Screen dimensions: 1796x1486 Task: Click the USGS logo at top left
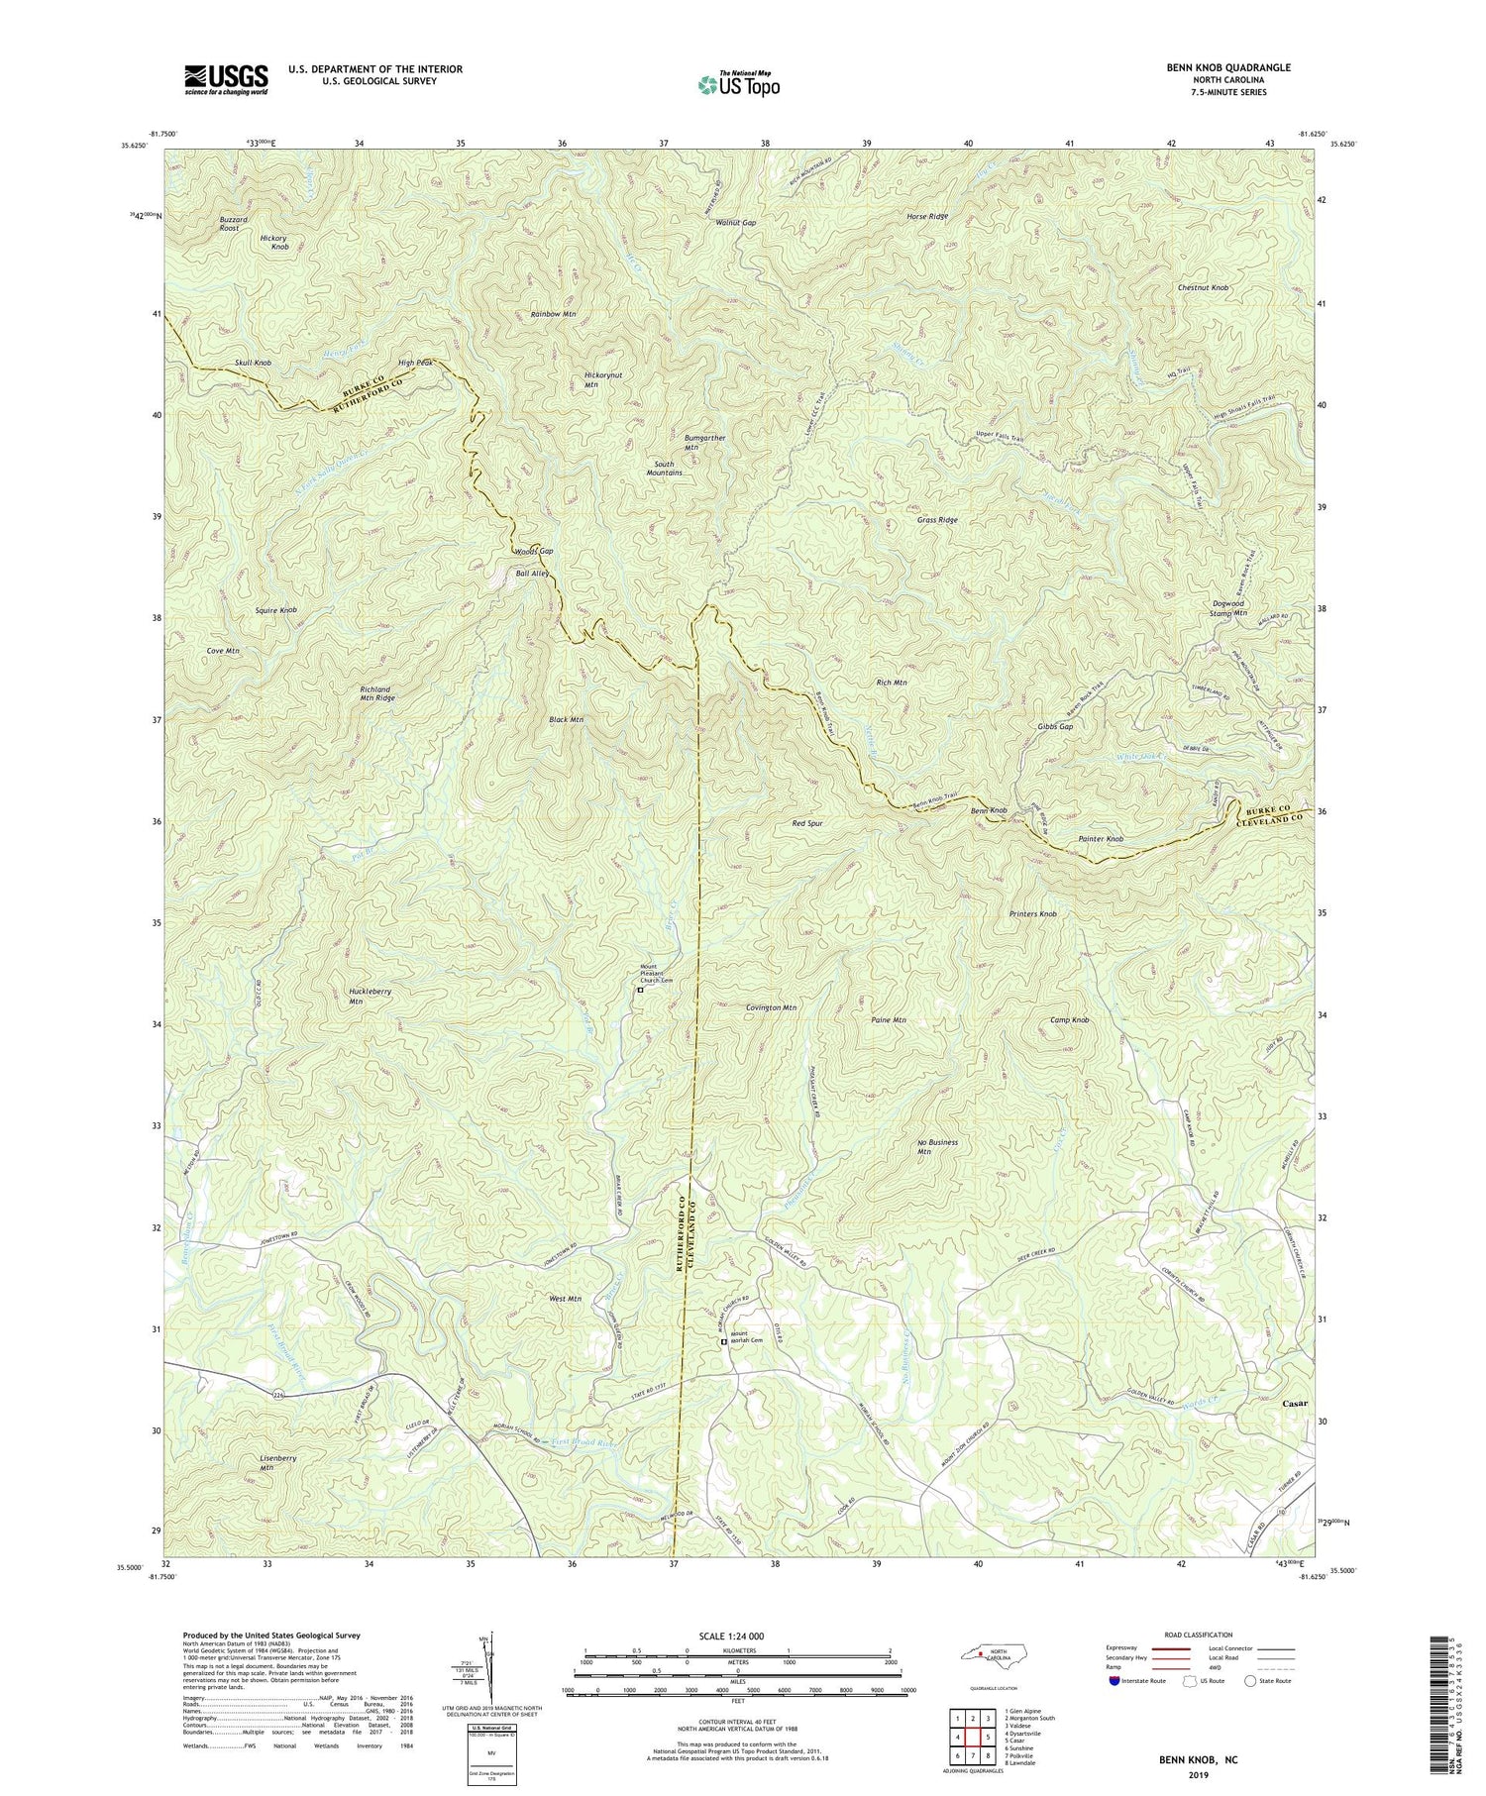(226, 79)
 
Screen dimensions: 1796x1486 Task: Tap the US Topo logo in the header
(738, 84)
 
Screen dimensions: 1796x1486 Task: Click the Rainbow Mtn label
(553, 314)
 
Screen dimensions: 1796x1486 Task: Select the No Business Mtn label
(937, 1147)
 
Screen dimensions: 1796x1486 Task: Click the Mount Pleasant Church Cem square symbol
(640, 989)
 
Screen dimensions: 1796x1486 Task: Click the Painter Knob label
(1101, 839)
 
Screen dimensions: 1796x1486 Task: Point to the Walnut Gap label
(736, 223)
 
